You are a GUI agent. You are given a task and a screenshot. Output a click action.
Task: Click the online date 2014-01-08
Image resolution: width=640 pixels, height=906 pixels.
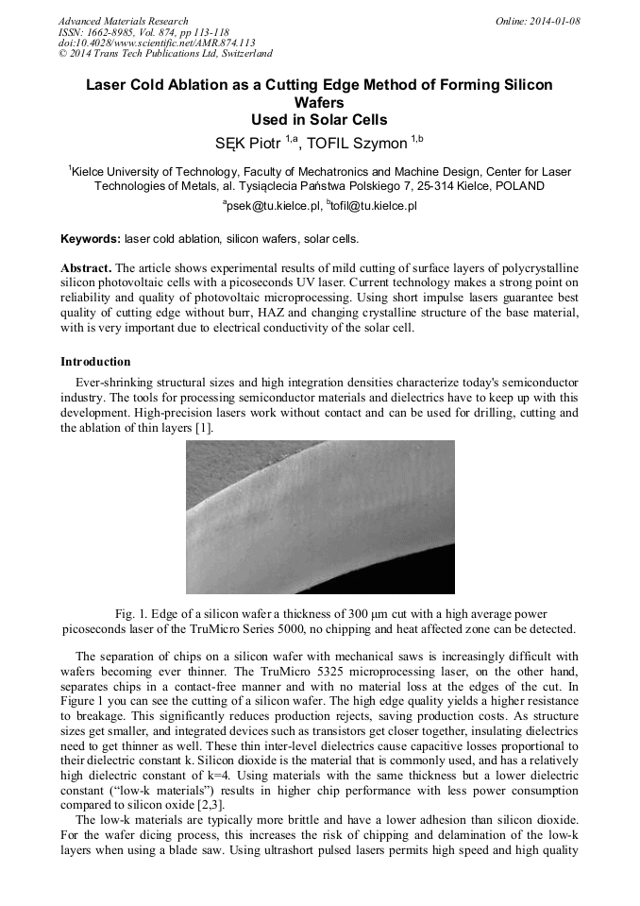[555, 21]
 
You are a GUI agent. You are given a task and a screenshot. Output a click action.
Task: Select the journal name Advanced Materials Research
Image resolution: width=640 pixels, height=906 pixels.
[123, 21]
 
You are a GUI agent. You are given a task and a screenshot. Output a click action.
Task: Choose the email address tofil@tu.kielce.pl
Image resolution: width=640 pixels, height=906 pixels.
[375, 205]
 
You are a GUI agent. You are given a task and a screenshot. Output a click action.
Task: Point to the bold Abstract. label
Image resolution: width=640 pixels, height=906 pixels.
[86, 268]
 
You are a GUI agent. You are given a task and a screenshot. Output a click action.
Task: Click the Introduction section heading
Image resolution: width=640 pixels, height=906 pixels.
[95, 362]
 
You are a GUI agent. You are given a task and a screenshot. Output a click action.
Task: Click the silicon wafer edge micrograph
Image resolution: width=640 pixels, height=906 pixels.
[320, 516]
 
